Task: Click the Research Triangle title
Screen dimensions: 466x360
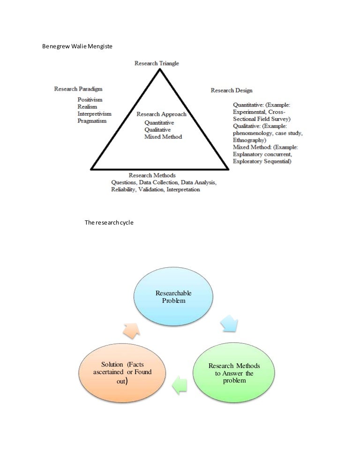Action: tap(157, 63)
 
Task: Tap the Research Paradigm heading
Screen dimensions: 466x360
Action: tap(78, 89)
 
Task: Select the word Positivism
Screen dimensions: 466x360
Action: tap(90, 100)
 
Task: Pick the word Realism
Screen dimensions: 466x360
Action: tap(87, 107)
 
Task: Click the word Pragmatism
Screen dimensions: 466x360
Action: tap(92, 121)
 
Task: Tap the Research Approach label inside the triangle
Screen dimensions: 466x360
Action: tap(161, 114)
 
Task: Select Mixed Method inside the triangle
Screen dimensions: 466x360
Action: tap(163, 136)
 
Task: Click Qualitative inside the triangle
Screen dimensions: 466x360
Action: tap(157, 129)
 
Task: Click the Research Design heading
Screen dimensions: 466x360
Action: tap(232, 90)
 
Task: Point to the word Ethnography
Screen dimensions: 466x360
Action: tap(250, 140)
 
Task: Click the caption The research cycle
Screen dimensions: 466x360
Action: tap(109, 223)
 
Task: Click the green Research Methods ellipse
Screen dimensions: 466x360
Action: tap(234, 373)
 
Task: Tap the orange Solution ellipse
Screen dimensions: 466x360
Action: tap(122, 373)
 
